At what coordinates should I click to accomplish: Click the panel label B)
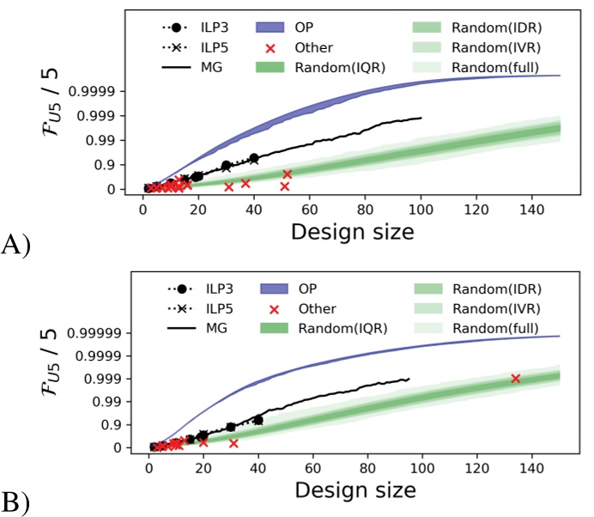click(16, 503)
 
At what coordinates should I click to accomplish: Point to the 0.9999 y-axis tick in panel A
click(109, 91)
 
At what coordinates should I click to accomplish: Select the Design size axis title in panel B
click(353, 490)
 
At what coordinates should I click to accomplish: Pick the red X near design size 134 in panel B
click(515, 378)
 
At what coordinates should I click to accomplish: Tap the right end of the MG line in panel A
click(421, 119)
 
